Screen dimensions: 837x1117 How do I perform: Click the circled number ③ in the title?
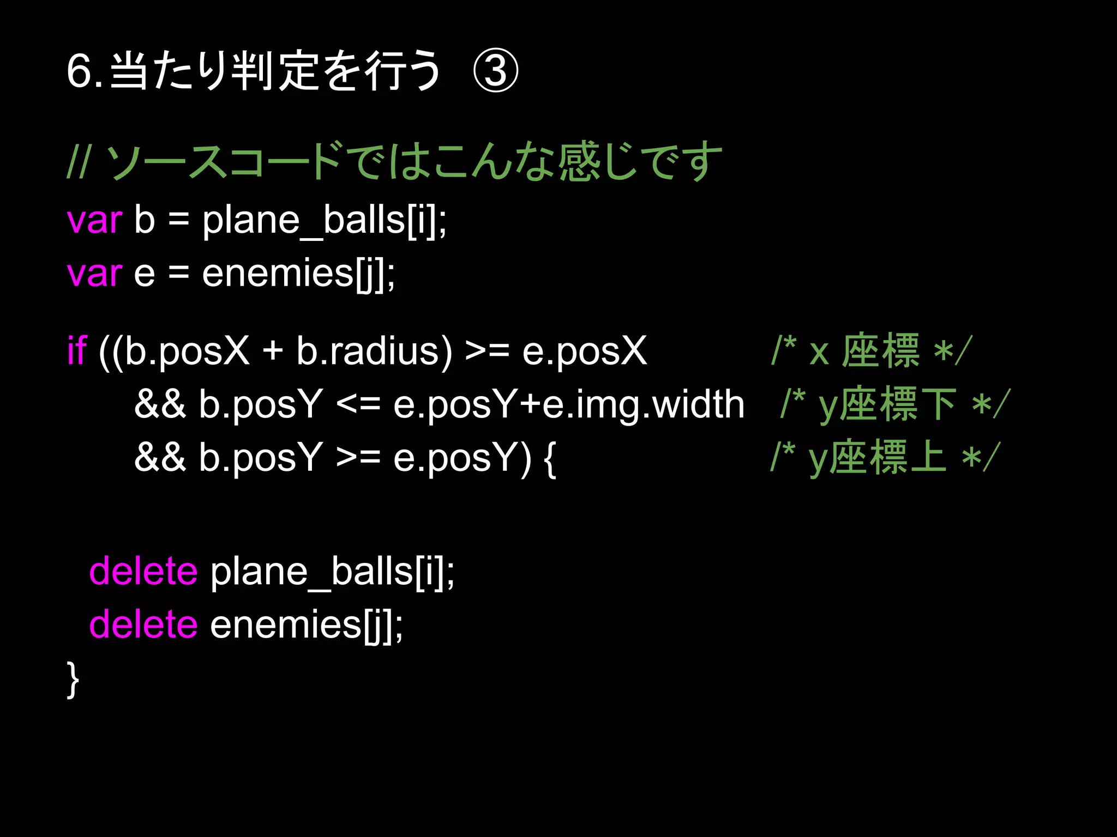coord(495,71)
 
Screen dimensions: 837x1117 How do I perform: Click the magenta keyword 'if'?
coord(77,350)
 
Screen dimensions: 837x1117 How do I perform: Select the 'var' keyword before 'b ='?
coord(94,220)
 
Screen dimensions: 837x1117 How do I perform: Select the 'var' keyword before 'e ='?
coord(94,273)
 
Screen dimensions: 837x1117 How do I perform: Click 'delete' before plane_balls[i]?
coord(143,571)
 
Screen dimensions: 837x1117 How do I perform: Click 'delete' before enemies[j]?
coord(143,624)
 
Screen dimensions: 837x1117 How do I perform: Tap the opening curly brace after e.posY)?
coord(550,458)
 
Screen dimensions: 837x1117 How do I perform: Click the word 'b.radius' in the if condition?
coord(374,350)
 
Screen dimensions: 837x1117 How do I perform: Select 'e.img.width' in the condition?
coord(644,405)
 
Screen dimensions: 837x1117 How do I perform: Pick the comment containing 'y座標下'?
coord(895,405)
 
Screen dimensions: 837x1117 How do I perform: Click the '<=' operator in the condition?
coord(358,405)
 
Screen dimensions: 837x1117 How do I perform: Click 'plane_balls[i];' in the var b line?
coord(325,220)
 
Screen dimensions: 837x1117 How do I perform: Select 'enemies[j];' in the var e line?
coord(298,273)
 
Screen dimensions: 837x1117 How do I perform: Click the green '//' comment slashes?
coord(77,162)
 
